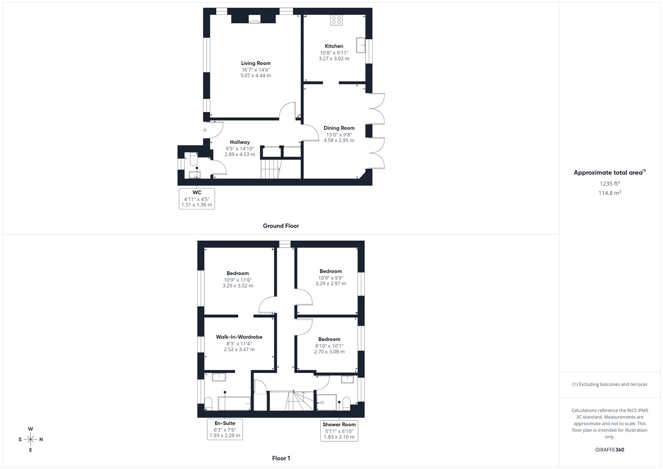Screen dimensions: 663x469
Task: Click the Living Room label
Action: pyautogui.click(x=256, y=63)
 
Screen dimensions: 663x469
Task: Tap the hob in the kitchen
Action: pyautogui.click(x=336, y=20)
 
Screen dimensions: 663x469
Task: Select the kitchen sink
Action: pyautogui.click(x=361, y=45)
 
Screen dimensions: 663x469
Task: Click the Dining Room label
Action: pyautogui.click(x=339, y=128)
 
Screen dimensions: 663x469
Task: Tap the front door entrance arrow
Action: pyautogui.click(x=204, y=130)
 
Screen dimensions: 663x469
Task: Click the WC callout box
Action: pyautogui.click(x=197, y=199)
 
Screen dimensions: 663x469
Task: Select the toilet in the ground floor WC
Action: pyautogui.click(x=194, y=159)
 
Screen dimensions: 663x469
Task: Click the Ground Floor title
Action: pyautogui.click(x=281, y=226)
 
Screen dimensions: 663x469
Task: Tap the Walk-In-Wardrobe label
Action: pyautogui.click(x=239, y=337)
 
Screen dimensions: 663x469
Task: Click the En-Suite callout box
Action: pyautogui.click(x=225, y=429)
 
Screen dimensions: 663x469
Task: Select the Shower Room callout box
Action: pyautogui.click(x=339, y=430)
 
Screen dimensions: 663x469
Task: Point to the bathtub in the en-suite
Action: pyautogui.click(x=235, y=403)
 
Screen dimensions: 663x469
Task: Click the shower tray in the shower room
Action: pyautogui.click(x=327, y=402)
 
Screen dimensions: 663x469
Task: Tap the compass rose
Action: pyautogui.click(x=31, y=440)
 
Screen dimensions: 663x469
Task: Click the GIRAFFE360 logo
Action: pyautogui.click(x=610, y=450)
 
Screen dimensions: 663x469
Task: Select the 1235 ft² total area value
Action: pyautogui.click(x=610, y=183)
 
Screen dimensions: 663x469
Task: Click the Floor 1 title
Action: pyautogui.click(x=281, y=458)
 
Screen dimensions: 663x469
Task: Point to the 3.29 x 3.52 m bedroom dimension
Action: pyautogui.click(x=238, y=286)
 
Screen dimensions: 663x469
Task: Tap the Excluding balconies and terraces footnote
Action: pyautogui.click(x=610, y=384)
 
